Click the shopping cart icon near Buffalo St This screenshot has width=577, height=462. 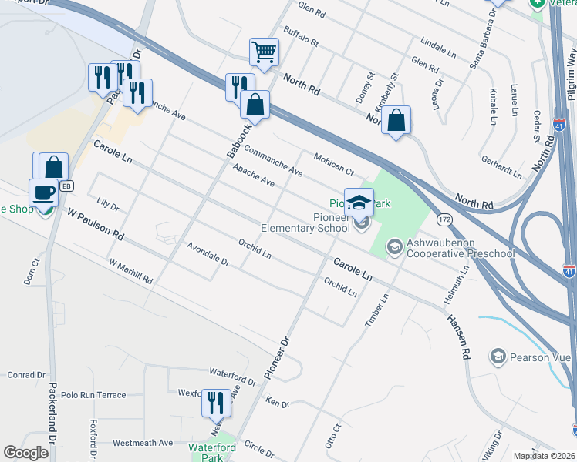click(x=264, y=52)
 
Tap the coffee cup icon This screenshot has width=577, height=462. click(x=43, y=192)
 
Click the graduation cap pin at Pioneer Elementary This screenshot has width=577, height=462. click(x=359, y=203)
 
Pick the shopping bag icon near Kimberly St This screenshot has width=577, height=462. click(x=396, y=120)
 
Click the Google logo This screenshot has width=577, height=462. click(x=26, y=453)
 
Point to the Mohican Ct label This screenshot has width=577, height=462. click(x=333, y=163)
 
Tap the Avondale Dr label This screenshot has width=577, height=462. click(x=208, y=254)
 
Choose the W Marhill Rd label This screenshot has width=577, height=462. click(x=130, y=270)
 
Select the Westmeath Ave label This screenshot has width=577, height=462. click(x=143, y=443)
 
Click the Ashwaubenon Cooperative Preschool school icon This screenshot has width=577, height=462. click(x=394, y=246)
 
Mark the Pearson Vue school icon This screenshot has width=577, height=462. click(x=498, y=356)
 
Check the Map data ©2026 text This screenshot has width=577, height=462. click(x=543, y=456)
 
